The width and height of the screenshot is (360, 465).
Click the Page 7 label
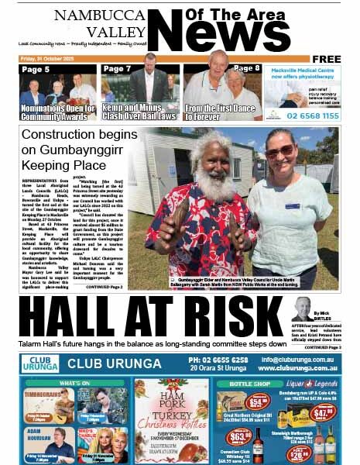pos(117,69)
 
